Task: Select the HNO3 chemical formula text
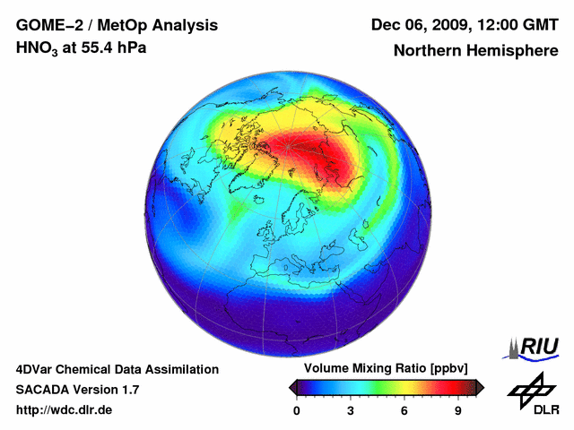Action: [39, 47]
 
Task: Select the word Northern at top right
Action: [425, 51]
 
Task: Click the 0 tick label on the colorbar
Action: [297, 411]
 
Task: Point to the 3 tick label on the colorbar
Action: [351, 411]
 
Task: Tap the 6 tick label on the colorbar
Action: [404, 411]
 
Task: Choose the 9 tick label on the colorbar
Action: [457, 411]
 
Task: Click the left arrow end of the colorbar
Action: [291, 387]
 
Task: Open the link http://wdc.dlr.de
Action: [64, 410]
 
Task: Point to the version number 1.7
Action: [128, 390]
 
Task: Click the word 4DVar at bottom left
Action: [34, 369]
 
